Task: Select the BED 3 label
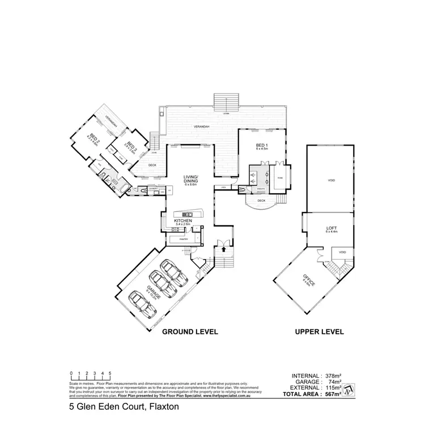coord(130,147)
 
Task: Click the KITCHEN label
coord(184,220)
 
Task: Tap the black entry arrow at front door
coord(224,248)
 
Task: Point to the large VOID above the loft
coord(331,181)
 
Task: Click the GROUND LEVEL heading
coord(190,331)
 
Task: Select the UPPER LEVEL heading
coord(318,331)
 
